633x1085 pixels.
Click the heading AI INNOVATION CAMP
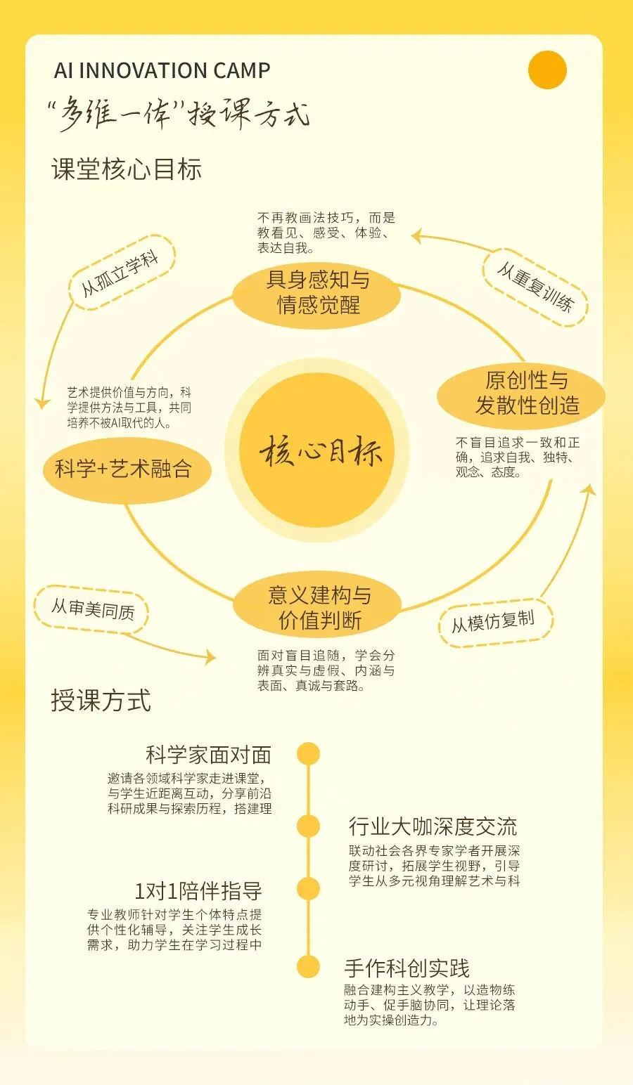pos(162,71)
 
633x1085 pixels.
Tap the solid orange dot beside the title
pos(547,70)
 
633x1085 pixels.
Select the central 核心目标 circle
pos(320,450)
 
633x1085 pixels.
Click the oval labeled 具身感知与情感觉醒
pos(318,292)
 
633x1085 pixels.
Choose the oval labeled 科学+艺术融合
pos(124,469)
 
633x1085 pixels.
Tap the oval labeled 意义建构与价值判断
pos(319,608)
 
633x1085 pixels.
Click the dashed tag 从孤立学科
pos(121,274)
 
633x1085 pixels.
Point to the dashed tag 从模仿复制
pos(493,622)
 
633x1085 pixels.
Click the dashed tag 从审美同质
pos(92,609)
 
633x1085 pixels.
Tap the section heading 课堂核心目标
pos(127,170)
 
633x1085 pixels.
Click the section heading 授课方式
pos(101,701)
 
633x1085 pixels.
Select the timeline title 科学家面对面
pos(208,755)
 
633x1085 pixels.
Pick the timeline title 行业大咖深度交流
pos(433,826)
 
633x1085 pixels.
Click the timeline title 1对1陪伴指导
pos(198,891)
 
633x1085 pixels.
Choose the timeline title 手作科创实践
pos(407,968)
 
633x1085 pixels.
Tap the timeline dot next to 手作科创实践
pos(308,967)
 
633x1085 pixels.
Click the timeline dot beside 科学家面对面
pos(308,754)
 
